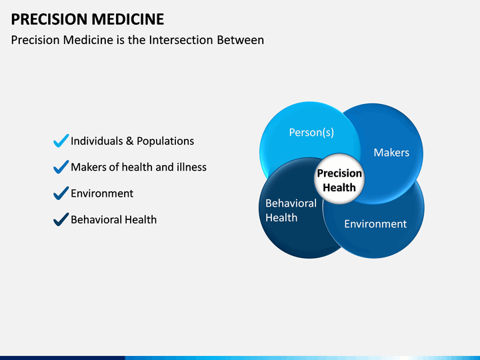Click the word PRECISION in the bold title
[x=49, y=19]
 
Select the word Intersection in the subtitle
[x=181, y=40]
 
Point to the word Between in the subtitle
[x=240, y=40]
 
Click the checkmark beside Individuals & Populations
[x=61, y=141]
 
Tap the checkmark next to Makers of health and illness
[x=61, y=167]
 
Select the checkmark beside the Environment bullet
[x=61, y=193]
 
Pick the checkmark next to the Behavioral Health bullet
[x=61, y=219]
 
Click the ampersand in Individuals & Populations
[x=129, y=141]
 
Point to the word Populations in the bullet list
[x=165, y=141]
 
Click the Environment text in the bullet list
[x=102, y=193]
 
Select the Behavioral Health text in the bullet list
[x=113, y=220]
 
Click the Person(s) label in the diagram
[x=311, y=133]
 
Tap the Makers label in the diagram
[x=391, y=153]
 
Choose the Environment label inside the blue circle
[x=375, y=224]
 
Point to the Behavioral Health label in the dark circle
[x=291, y=210]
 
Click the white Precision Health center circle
[x=339, y=179]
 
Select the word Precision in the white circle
[x=339, y=173]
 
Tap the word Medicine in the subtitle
[x=88, y=40]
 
